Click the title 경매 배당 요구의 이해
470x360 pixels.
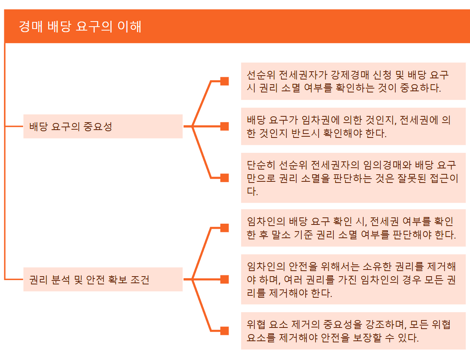tap(80, 27)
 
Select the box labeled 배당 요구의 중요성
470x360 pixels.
tap(103, 127)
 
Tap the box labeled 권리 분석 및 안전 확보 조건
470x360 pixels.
tap(103, 280)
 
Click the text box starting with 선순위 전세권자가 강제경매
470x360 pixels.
tap(353, 81)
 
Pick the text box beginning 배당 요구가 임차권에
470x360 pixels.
tap(353, 127)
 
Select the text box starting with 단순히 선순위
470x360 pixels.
tap(353, 178)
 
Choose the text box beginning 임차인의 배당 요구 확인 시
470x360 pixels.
tap(353, 228)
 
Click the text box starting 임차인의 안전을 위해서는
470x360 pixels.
tap(353, 280)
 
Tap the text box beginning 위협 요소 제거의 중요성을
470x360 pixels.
tap(353, 331)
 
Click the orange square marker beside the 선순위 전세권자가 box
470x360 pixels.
tap(225, 81)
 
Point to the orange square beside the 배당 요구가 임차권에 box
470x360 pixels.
tap(225, 127)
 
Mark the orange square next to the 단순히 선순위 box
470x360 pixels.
tap(225, 178)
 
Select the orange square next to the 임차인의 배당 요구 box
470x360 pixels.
tap(225, 228)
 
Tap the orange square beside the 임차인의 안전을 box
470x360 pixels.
tap(225, 280)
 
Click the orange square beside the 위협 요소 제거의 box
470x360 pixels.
tap(225, 331)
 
